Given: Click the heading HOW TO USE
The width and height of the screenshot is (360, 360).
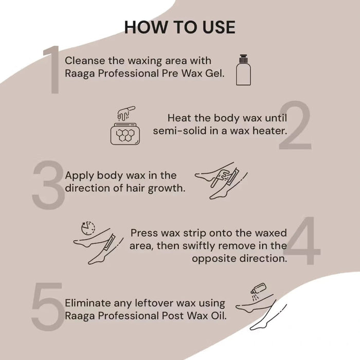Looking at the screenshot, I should (179, 27).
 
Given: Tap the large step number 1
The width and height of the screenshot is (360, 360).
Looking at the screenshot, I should (52, 70).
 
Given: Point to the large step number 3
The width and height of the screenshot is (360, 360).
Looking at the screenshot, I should (47, 184).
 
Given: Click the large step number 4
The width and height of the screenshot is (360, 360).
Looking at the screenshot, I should (303, 242).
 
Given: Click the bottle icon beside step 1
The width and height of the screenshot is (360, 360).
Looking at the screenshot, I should (244, 69).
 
